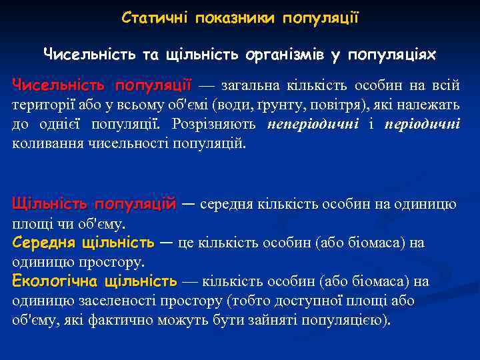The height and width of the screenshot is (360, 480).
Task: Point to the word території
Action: click(43, 105)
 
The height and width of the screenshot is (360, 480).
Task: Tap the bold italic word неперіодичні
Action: click(313, 125)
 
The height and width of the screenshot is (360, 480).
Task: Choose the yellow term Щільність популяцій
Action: click(94, 203)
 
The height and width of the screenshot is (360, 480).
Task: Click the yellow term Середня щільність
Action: click(83, 243)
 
